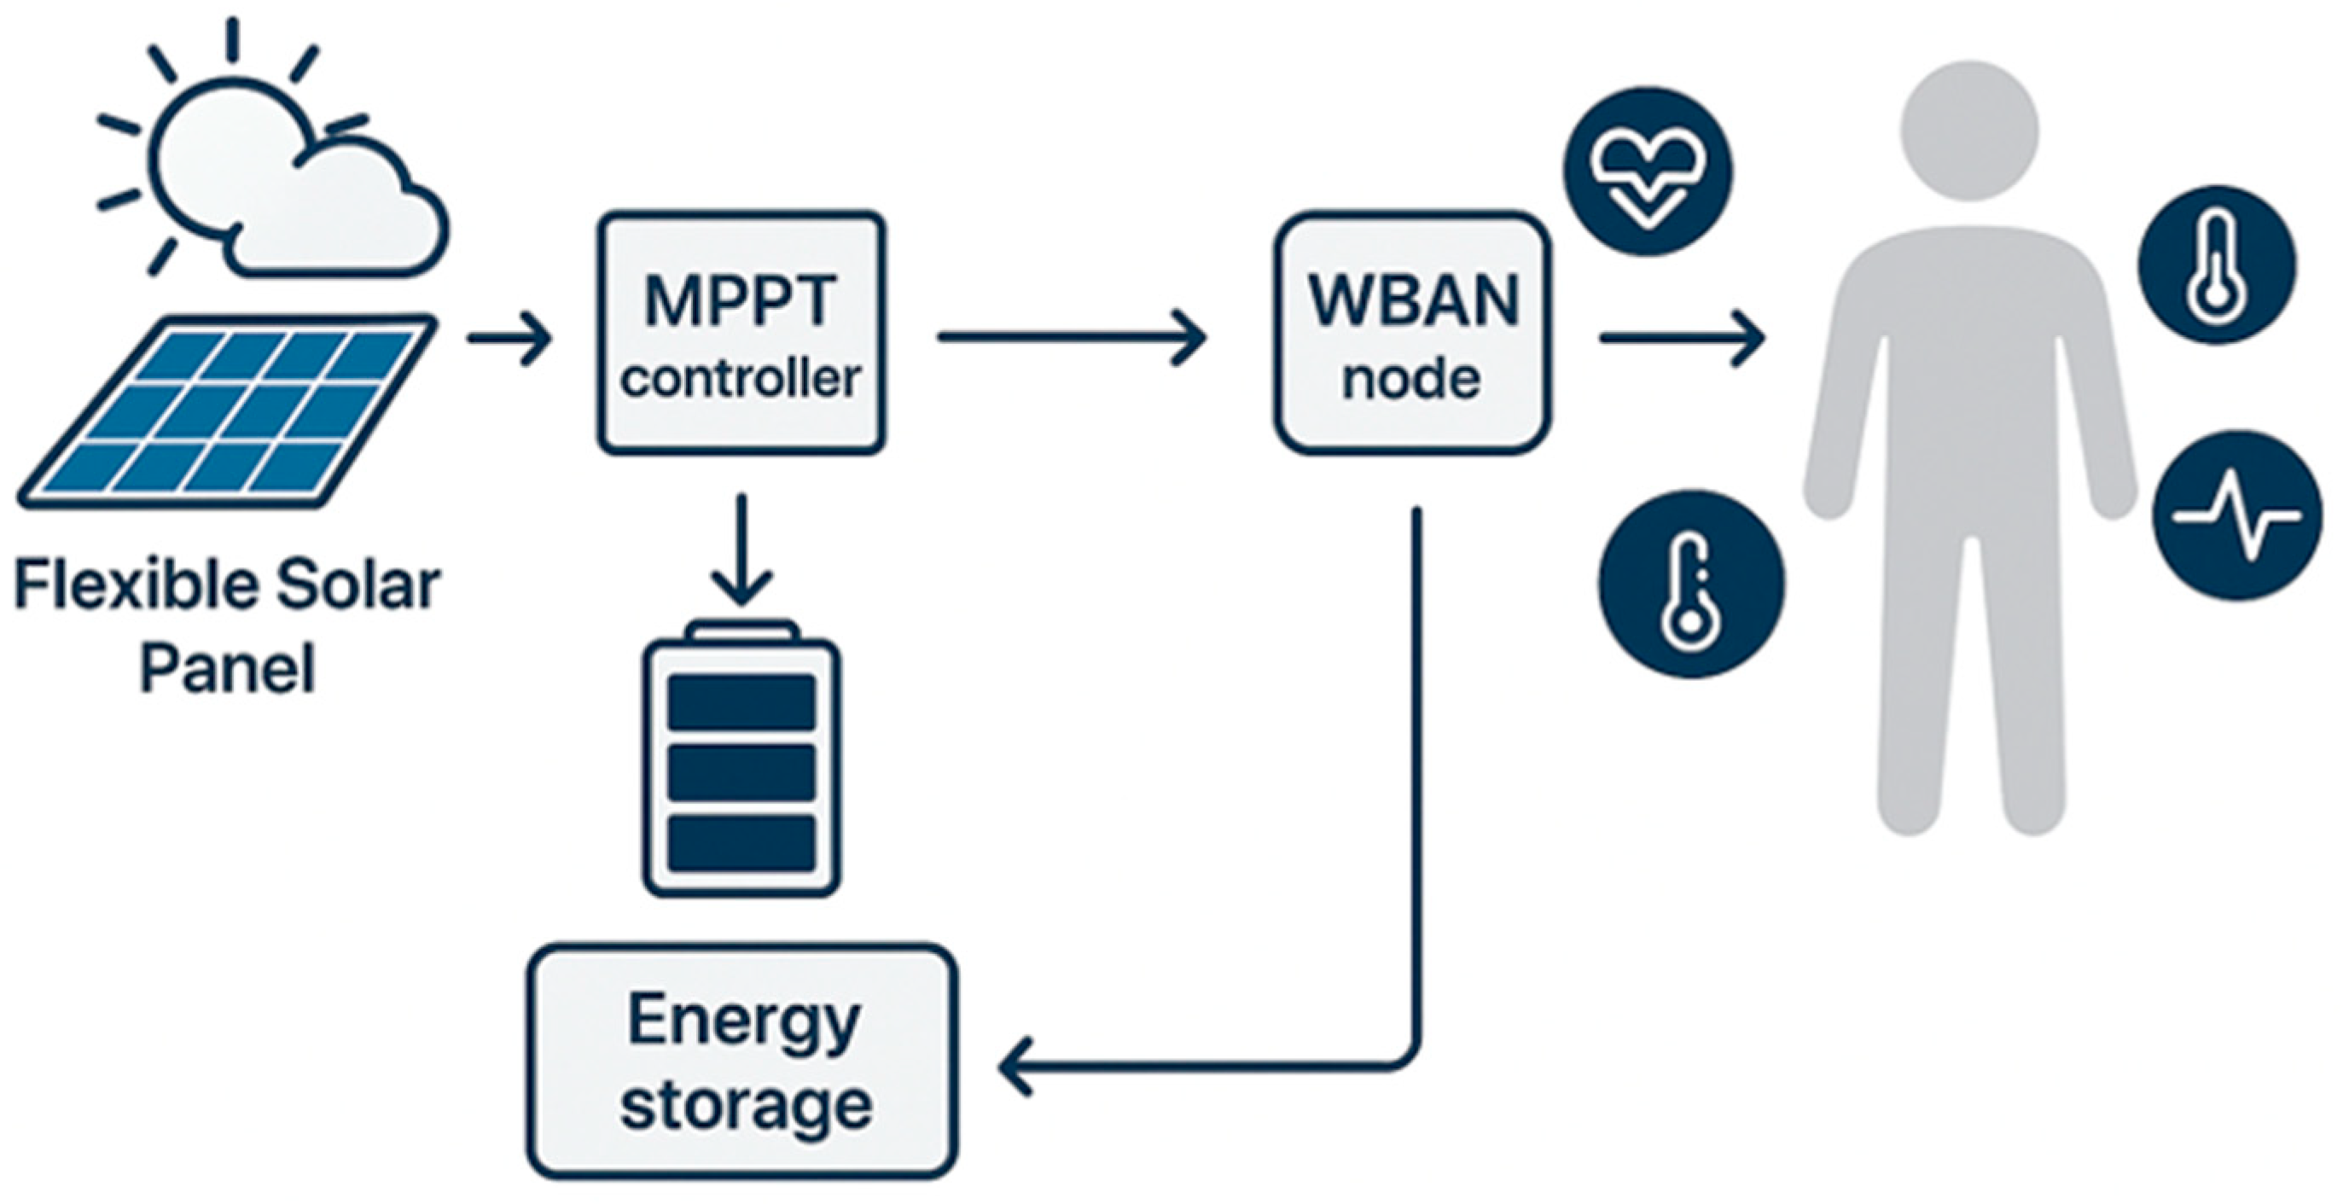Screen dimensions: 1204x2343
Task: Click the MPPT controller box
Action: click(x=741, y=334)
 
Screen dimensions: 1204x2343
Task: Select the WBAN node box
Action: click(x=1410, y=334)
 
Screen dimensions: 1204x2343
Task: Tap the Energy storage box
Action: click(x=742, y=1061)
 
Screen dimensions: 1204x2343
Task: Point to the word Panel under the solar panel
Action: click(x=226, y=669)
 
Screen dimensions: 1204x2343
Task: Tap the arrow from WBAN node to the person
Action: click(x=1683, y=338)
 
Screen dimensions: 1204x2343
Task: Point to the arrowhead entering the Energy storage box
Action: click(x=1015, y=1066)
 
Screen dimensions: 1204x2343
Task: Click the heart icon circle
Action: click(x=1648, y=171)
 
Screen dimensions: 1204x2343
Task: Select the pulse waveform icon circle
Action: click(x=2238, y=515)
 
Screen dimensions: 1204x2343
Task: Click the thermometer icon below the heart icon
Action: click(x=1691, y=584)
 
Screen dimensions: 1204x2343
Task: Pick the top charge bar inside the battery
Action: click(x=741, y=701)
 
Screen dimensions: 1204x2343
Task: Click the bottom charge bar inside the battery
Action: click(x=741, y=843)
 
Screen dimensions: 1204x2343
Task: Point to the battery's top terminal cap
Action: click(x=742, y=631)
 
